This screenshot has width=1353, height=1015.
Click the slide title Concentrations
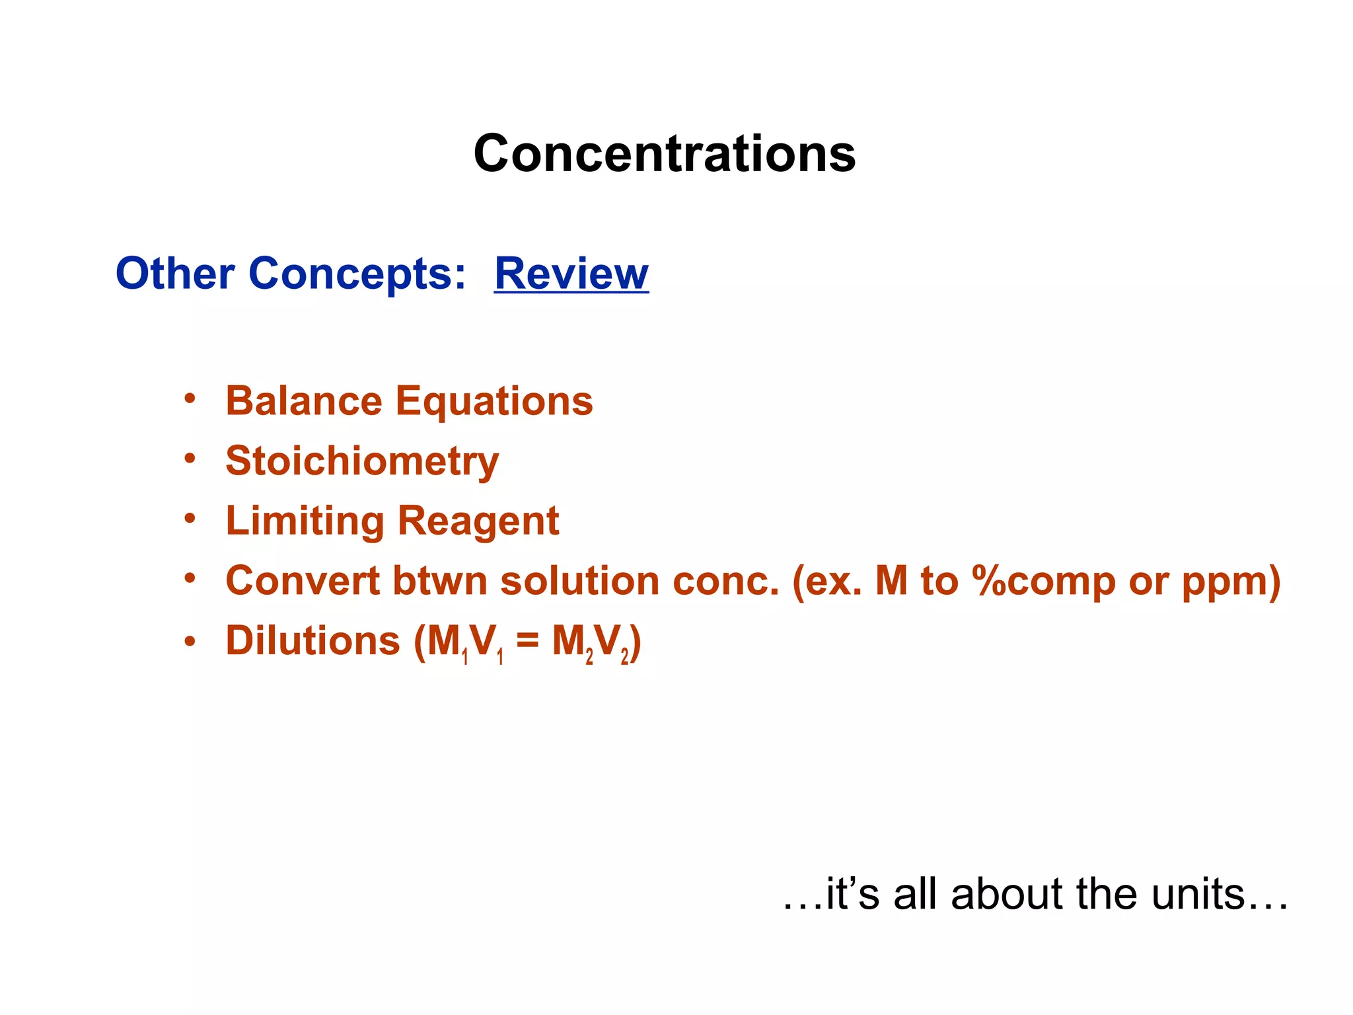(665, 153)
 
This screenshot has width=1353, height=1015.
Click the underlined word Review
(571, 273)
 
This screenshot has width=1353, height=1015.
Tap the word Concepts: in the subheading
(357, 274)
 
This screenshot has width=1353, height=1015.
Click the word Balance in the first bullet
(304, 401)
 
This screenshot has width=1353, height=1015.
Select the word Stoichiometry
(362, 461)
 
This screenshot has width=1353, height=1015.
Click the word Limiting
(305, 521)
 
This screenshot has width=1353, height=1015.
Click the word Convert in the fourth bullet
(303, 581)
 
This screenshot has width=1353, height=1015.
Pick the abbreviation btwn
(440, 581)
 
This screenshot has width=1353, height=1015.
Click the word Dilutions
(312, 641)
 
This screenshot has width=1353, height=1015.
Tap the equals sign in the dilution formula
(527, 641)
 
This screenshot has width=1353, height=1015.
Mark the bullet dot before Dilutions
(190, 641)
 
